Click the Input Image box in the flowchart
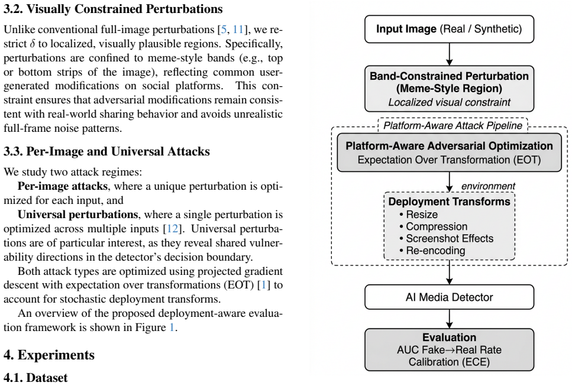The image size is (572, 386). click(449, 29)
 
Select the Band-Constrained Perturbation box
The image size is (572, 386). click(449, 89)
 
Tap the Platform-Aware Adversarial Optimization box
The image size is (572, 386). click(449, 153)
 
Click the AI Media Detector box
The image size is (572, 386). click(449, 297)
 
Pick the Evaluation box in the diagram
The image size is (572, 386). click(449, 349)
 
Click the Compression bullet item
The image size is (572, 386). click(434, 226)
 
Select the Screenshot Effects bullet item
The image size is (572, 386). click(446, 238)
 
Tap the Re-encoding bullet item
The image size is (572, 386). click(432, 251)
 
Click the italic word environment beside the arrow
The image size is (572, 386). click(488, 186)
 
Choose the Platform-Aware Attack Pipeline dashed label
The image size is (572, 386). click(453, 125)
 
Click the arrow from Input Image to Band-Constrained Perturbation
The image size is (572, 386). click(450, 54)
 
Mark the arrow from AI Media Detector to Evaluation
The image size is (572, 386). click(450, 319)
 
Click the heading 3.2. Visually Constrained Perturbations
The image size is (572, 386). click(113, 9)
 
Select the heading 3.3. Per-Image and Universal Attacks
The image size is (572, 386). click(106, 151)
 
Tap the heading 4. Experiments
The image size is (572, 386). click(49, 355)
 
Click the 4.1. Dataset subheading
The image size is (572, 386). click(35, 378)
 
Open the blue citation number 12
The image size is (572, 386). click(172, 229)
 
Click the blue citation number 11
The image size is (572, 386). click(238, 30)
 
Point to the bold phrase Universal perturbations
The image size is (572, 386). click(77, 215)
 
